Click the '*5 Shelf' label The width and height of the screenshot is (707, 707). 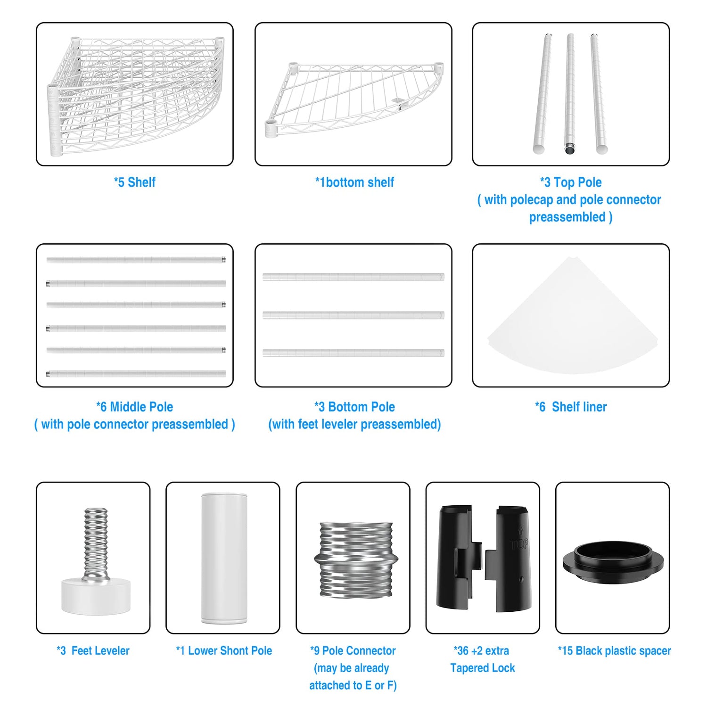coord(134,182)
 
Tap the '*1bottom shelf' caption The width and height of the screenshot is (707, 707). coord(354,182)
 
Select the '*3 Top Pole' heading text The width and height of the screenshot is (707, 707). coord(571,182)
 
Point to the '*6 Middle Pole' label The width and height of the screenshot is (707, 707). coord(134,407)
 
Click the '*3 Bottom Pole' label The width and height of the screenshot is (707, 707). coord(354,407)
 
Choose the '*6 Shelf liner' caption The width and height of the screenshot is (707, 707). coord(571,407)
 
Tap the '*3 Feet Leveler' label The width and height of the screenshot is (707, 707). coord(93,651)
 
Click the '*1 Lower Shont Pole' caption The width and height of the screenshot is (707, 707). coord(224,651)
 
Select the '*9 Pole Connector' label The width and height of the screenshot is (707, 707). coord(353,651)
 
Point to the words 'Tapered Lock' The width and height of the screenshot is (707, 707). coord(483,668)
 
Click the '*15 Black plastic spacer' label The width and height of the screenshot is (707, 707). coord(614,651)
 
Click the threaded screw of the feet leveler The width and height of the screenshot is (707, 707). coord(96,543)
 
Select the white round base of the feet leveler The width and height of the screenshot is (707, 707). coord(96,596)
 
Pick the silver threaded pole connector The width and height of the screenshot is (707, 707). coord(356,560)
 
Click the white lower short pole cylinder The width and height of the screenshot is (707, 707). coord(224,559)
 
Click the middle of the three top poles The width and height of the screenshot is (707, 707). coord(570,93)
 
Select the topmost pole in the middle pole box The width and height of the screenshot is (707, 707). coord(136,259)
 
